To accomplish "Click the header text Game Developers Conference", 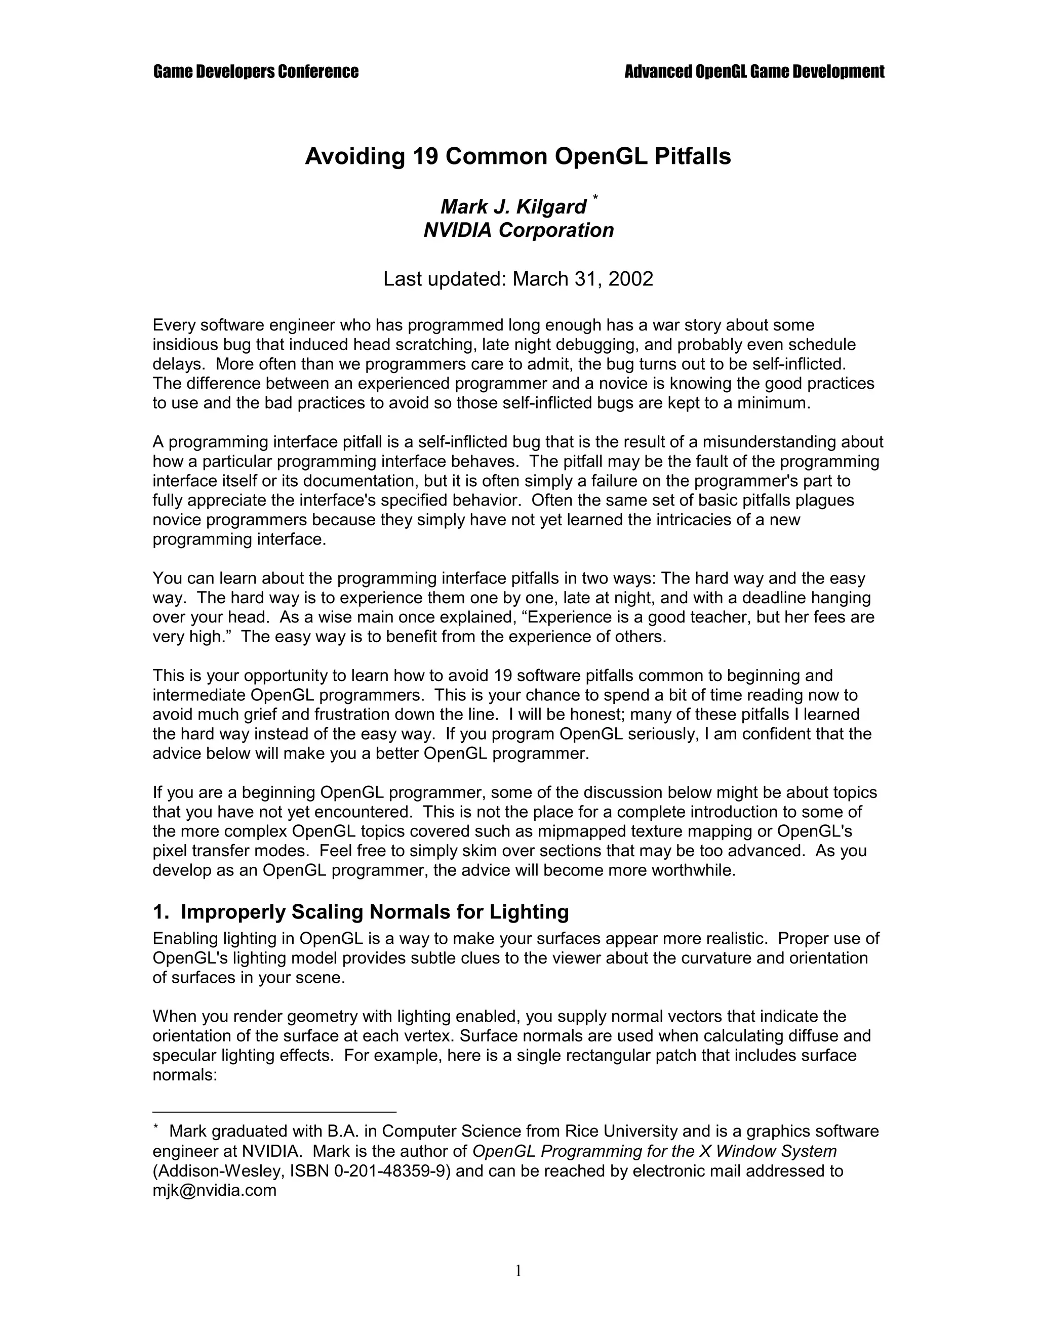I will pos(256,72).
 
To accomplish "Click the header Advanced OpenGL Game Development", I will pos(754,72).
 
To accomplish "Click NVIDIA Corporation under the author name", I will pos(518,230).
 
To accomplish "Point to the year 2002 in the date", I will pos(631,279).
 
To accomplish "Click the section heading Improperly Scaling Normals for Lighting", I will pos(374,912).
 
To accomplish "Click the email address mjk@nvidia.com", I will pos(214,1191).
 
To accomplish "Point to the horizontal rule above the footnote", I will pos(274,1111).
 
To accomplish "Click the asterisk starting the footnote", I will pos(156,1128).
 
